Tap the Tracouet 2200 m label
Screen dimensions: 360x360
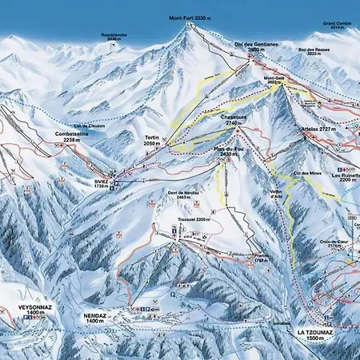point(192,218)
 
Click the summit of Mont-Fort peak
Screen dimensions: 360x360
point(190,24)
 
